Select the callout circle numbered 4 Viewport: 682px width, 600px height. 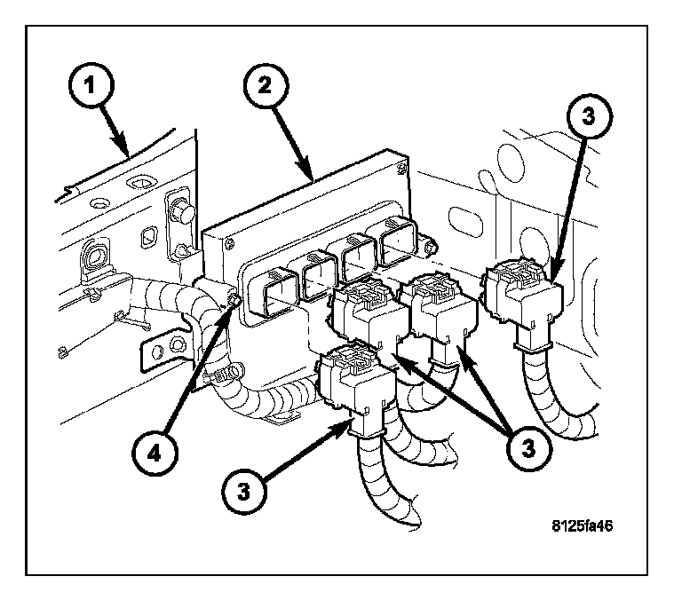click(x=155, y=453)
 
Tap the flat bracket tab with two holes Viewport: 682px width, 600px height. click(x=165, y=351)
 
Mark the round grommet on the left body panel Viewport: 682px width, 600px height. click(x=94, y=258)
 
